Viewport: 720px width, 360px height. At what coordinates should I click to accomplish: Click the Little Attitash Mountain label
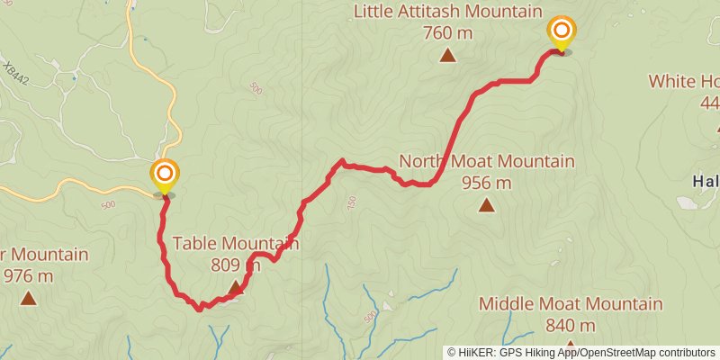click(447, 13)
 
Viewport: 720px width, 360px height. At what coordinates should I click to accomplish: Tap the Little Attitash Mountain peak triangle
click(447, 56)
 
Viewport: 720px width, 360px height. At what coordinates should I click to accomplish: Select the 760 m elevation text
click(447, 33)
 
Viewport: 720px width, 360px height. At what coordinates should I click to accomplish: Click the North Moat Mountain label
click(487, 162)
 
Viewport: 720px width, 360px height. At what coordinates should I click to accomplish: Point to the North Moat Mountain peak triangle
click(487, 205)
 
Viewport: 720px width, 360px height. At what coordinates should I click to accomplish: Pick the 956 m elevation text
click(487, 183)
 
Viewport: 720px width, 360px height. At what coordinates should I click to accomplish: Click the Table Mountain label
click(236, 243)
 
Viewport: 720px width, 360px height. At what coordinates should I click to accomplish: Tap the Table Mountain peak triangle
click(236, 287)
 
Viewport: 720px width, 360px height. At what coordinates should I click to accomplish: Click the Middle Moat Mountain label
click(571, 304)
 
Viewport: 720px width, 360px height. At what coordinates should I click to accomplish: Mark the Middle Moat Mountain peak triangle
click(571, 347)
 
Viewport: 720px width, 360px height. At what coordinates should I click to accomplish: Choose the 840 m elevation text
click(571, 325)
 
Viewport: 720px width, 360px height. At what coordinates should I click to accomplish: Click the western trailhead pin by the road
click(165, 175)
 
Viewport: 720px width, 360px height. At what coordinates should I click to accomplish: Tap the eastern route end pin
click(561, 33)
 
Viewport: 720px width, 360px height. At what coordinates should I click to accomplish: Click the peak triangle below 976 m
click(28, 297)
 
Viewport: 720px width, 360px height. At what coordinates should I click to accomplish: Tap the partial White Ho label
click(684, 82)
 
